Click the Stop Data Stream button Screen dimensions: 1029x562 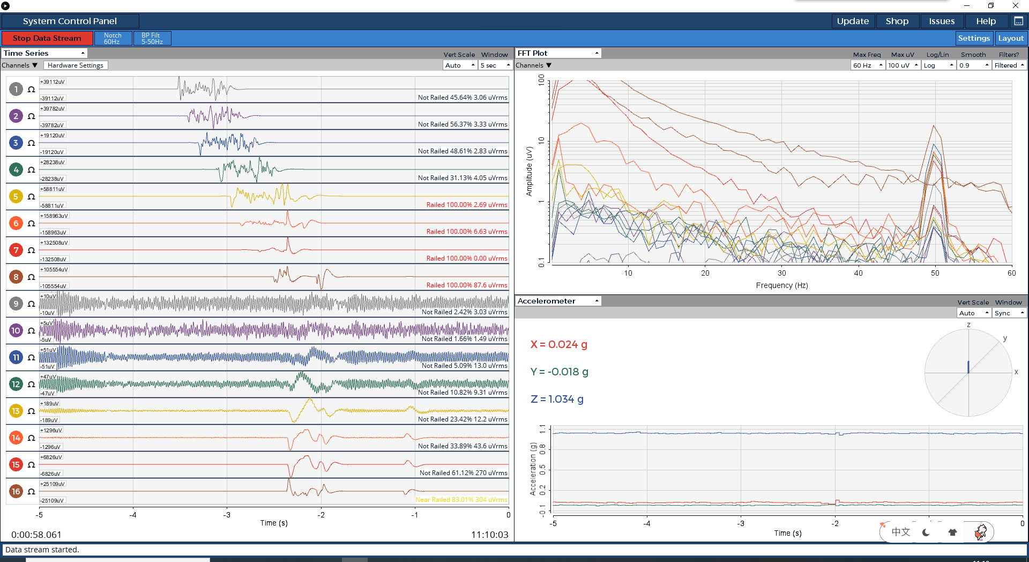click(x=47, y=38)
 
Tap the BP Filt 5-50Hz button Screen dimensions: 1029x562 click(x=152, y=38)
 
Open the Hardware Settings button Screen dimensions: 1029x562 click(x=76, y=65)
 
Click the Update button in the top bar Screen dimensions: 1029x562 click(x=853, y=21)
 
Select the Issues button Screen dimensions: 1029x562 click(x=942, y=21)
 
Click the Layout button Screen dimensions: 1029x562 click(x=1011, y=38)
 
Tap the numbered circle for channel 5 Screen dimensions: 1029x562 click(x=16, y=196)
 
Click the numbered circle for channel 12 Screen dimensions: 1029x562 click(x=16, y=384)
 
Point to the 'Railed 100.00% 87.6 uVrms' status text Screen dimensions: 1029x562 click(x=467, y=285)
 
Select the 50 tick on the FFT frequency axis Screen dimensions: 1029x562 click(x=935, y=273)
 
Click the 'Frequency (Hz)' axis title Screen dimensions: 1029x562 click(x=782, y=285)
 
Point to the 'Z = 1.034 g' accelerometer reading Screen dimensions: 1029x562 click(x=557, y=399)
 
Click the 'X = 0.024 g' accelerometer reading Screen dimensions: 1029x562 click(x=558, y=344)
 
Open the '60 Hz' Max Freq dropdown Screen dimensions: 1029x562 click(x=868, y=65)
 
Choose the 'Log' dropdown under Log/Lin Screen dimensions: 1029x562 click(x=939, y=65)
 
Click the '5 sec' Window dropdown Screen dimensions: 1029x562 click(x=495, y=65)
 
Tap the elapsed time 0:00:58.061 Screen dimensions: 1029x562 click(x=36, y=535)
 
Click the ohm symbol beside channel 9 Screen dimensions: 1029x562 click(x=31, y=304)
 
